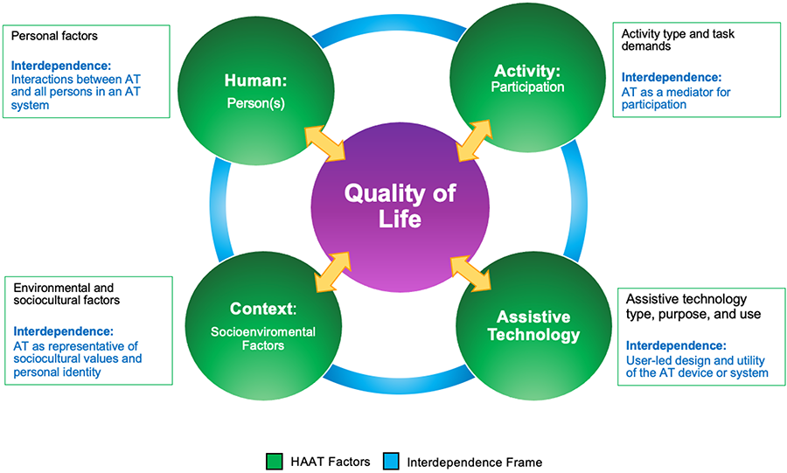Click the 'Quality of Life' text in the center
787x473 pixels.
(x=399, y=205)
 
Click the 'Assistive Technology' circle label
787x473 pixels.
(x=533, y=325)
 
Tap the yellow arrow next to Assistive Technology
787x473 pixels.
(x=473, y=272)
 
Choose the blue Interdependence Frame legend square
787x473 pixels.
(x=391, y=461)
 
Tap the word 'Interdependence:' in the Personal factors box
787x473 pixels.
(x=62, y=65)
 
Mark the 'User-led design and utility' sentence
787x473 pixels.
(x=696, y=366)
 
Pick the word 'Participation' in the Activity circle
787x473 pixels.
(x=526, y=87)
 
